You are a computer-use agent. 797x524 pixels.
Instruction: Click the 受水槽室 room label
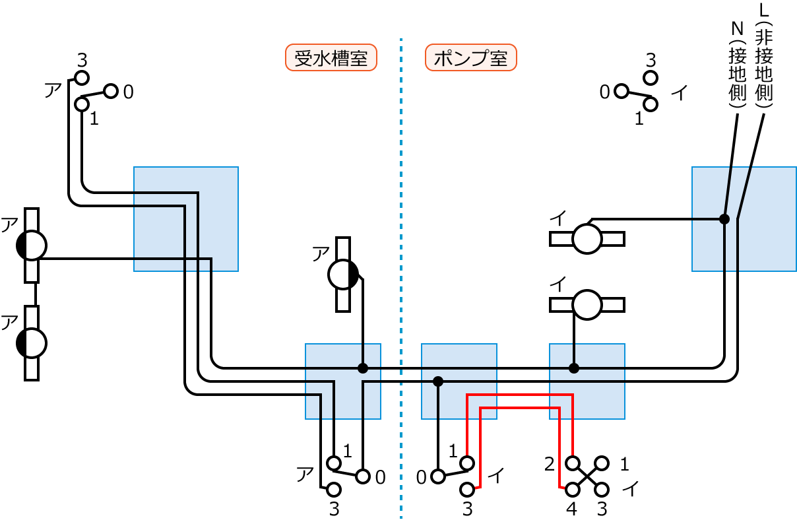point(331,58)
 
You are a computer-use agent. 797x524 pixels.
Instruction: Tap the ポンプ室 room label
point(470,58)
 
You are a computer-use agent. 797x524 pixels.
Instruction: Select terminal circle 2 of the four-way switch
point(572,463)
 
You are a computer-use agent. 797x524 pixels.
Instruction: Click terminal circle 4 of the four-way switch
point(572,489)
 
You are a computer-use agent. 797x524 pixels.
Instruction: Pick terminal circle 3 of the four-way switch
point(602,489)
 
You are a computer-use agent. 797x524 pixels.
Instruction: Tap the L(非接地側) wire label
point(765,56)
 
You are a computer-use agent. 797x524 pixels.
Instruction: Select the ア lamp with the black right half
point(343,274)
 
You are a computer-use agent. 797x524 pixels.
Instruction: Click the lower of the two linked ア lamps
point(32,343)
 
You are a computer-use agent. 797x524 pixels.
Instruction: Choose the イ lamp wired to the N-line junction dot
point(587,238)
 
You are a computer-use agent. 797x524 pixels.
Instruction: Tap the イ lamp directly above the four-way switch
point(587,304)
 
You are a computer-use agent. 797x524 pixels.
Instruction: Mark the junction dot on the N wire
point(724,219)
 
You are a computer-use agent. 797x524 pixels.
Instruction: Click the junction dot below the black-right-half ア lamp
point(362,368)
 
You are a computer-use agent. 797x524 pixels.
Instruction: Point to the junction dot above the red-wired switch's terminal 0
point(437,381)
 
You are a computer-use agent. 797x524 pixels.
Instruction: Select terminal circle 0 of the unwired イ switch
point(621,91)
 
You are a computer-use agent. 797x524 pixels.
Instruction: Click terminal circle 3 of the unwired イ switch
point(651,78)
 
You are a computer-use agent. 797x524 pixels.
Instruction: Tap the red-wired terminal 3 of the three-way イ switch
point(467,489)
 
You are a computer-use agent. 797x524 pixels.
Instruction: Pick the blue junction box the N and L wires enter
point(743,219)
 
